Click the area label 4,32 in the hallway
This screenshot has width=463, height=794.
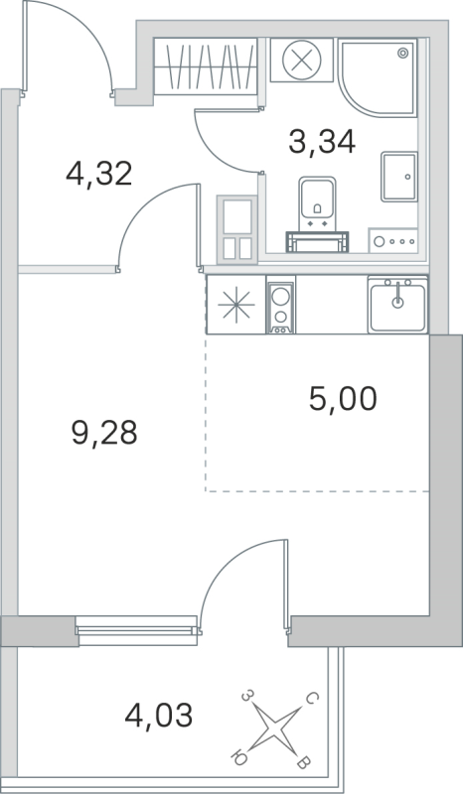pyautogui.click(x=98, y=176)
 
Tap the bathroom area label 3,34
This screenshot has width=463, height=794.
pyautogui.click(x=322, y=142)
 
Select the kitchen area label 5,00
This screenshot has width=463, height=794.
pyautogui.click(x=343, y=400)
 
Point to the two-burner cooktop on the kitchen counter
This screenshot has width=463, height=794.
pyautogui.click(x=280, y=304)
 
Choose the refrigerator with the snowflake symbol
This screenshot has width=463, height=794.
pyautogui.click(x=236, y=305)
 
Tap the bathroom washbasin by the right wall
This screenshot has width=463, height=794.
pyautogui.click(x=398, y=176)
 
